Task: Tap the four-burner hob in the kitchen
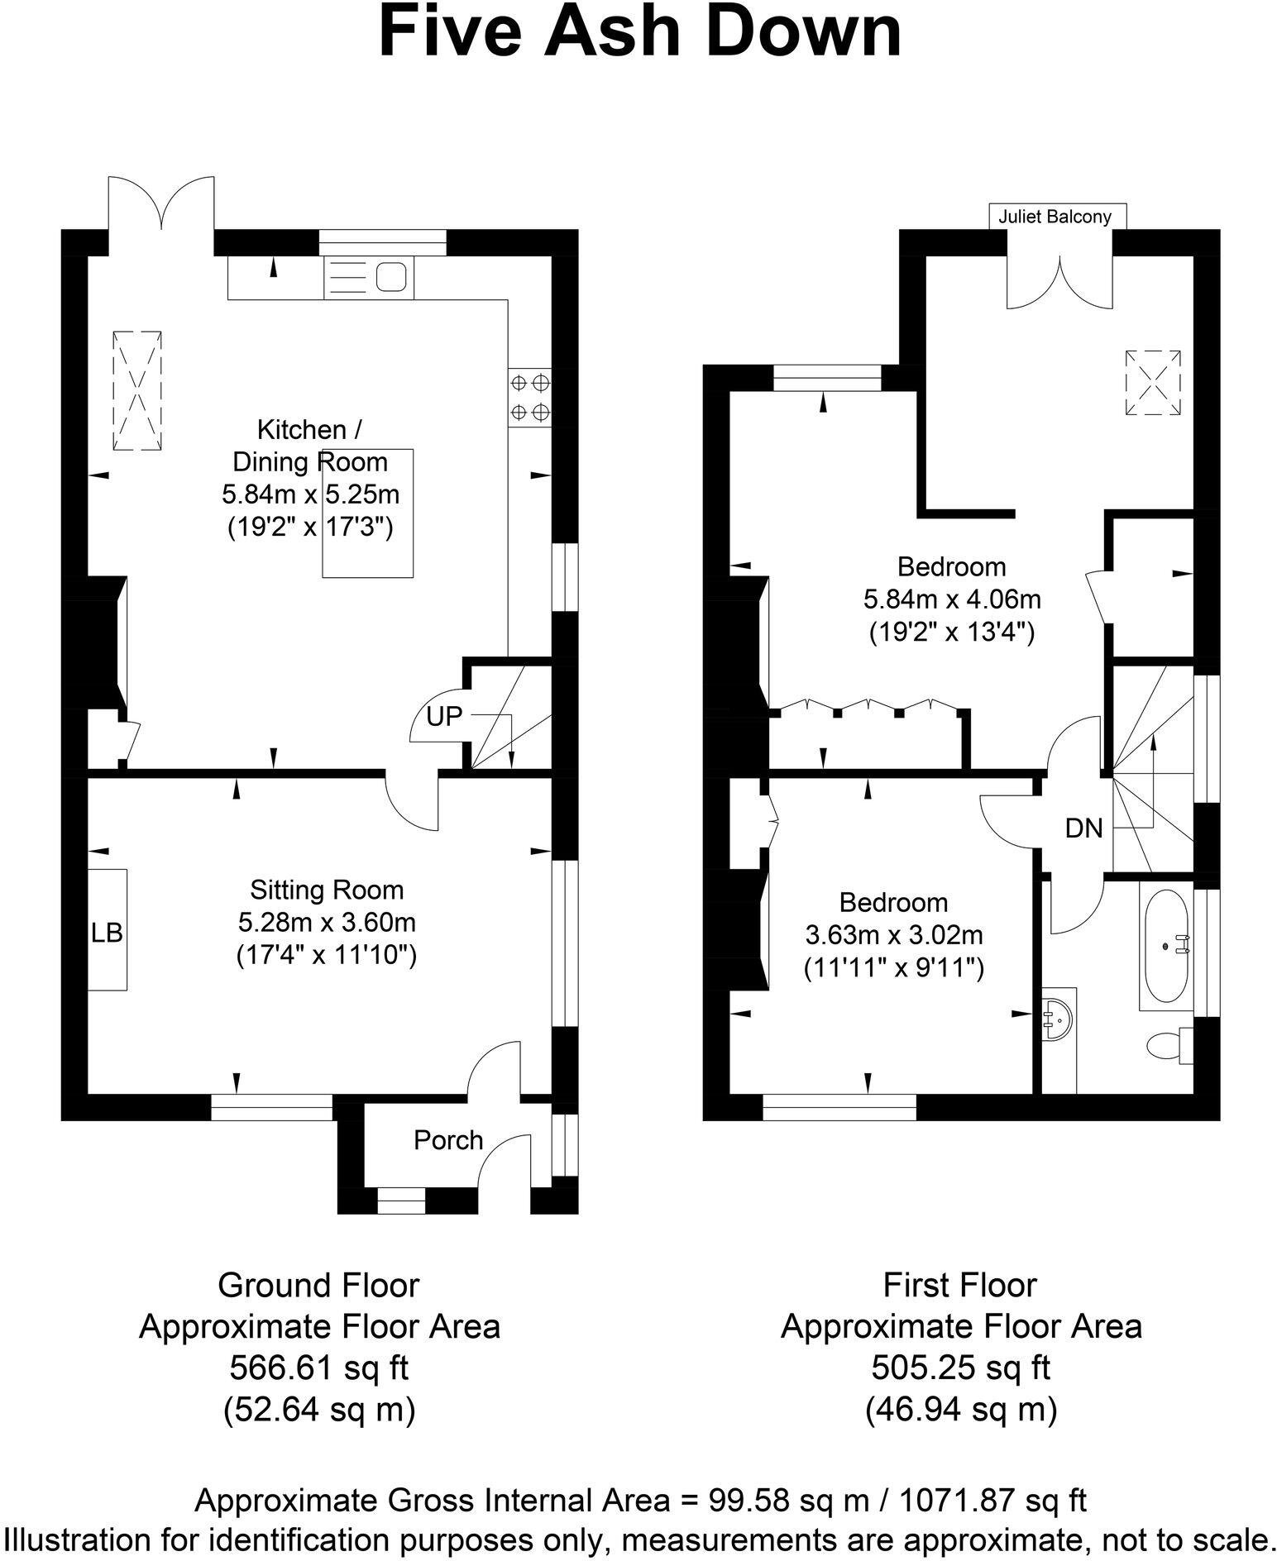(529, 397)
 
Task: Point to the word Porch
(447, 1140)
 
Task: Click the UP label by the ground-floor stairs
(443, 717)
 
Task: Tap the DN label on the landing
(1083, 828)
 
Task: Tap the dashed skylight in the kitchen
(136, 390)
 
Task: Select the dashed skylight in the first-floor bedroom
(1151, 383)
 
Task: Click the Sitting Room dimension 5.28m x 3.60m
(326, 922)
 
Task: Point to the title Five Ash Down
(638, 31)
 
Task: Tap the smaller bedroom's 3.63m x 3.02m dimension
(893, 935)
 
